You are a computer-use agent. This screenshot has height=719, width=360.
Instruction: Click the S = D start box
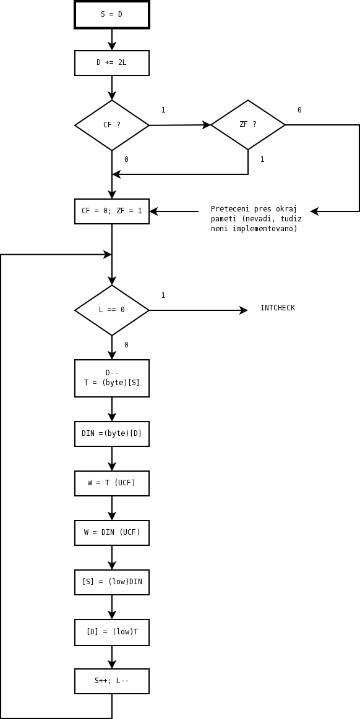[112, 15]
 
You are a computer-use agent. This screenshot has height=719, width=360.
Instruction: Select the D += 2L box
[112, 63]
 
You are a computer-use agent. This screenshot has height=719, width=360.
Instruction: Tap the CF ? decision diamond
[112, 125]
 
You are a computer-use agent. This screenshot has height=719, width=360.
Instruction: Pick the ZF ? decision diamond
[248, 125]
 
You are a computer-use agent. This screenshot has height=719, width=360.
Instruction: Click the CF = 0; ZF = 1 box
[112, 211]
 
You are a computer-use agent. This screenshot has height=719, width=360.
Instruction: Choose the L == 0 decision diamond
[112, 310]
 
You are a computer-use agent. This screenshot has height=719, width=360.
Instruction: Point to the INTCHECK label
[278, 308]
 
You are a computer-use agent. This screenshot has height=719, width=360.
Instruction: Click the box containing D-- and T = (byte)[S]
[112, 378]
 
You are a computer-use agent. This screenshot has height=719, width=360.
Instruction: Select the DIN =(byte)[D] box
[112, 434]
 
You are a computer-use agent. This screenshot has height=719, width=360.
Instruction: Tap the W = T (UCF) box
[112, 483]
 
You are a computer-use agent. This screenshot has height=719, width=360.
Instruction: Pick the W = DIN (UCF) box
[112, 533]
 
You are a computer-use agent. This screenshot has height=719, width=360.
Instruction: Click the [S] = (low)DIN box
[112, 582]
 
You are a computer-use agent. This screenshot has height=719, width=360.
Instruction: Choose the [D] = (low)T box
[112, 632]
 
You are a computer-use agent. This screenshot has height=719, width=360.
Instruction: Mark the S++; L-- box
[112, 681]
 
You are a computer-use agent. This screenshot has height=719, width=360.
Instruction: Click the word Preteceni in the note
[228, 209]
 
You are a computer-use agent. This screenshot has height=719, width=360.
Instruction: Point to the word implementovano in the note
[271, 228]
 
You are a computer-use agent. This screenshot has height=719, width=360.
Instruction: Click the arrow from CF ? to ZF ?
[180, 125]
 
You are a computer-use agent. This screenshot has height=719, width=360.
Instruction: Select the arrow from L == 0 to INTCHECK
[199, 310]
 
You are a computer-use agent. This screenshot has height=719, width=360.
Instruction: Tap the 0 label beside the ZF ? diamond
[299, 110]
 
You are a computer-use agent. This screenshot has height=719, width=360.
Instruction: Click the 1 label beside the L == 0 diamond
[163, 296]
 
